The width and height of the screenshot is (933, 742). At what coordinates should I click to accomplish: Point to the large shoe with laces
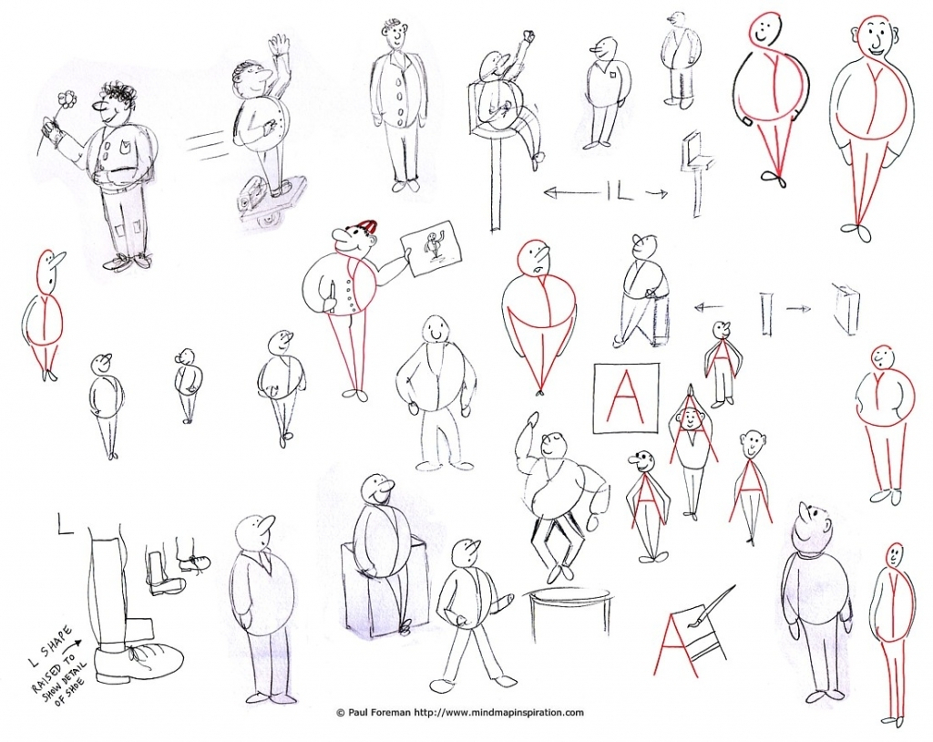pos(141,660)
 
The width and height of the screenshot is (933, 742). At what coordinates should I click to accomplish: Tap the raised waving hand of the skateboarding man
pos(279,46)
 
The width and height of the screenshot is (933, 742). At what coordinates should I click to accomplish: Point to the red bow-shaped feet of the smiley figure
pos(775,179)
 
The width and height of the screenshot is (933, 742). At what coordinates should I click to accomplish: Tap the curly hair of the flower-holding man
pos(118,93)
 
